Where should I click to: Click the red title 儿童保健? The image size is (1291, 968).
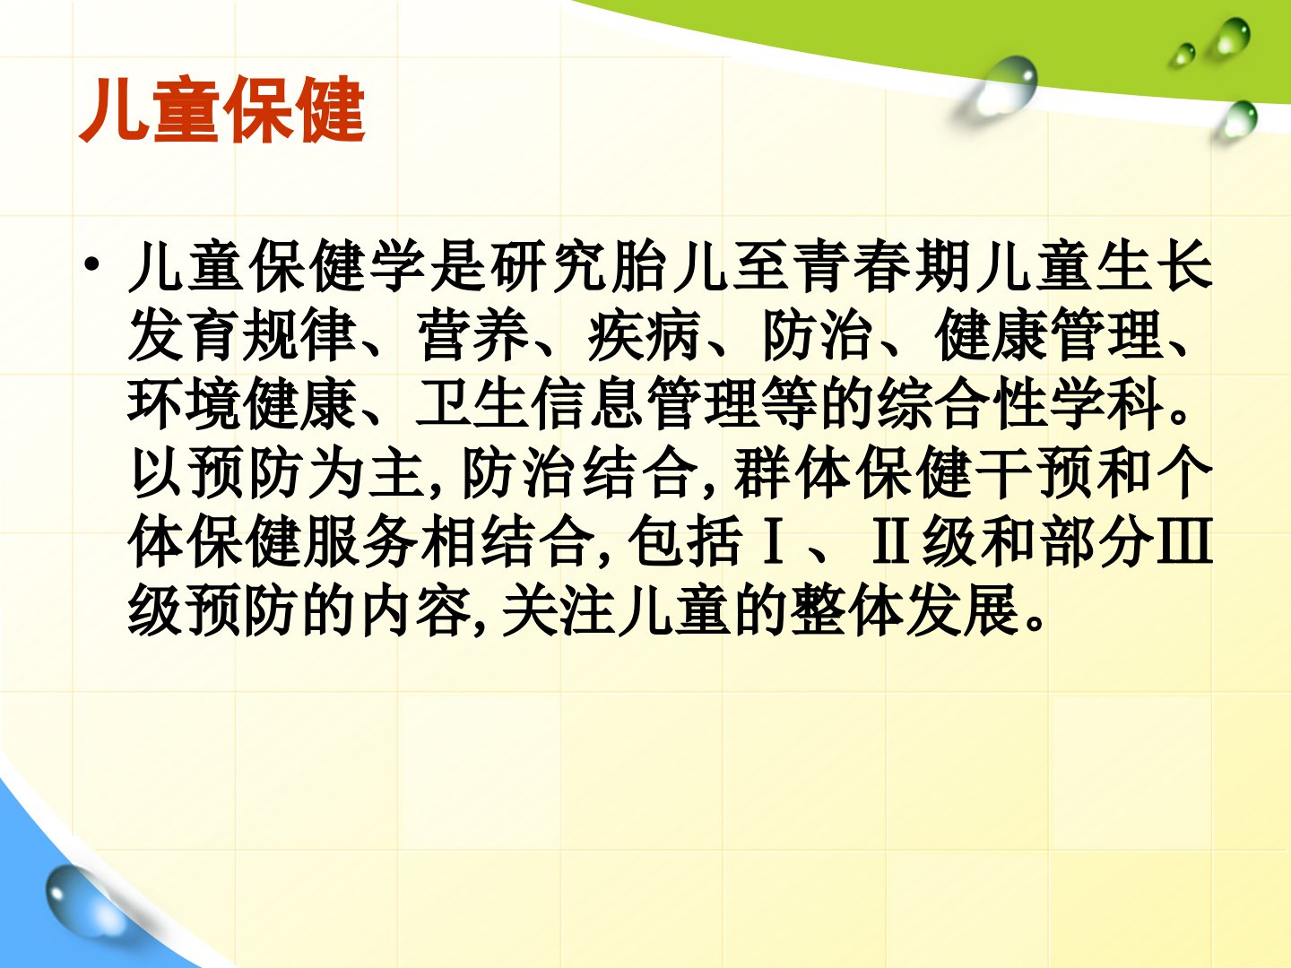coord(222,109)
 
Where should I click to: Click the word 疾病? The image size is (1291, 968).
coord(644,335)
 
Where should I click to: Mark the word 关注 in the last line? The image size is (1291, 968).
coord(559,611)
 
